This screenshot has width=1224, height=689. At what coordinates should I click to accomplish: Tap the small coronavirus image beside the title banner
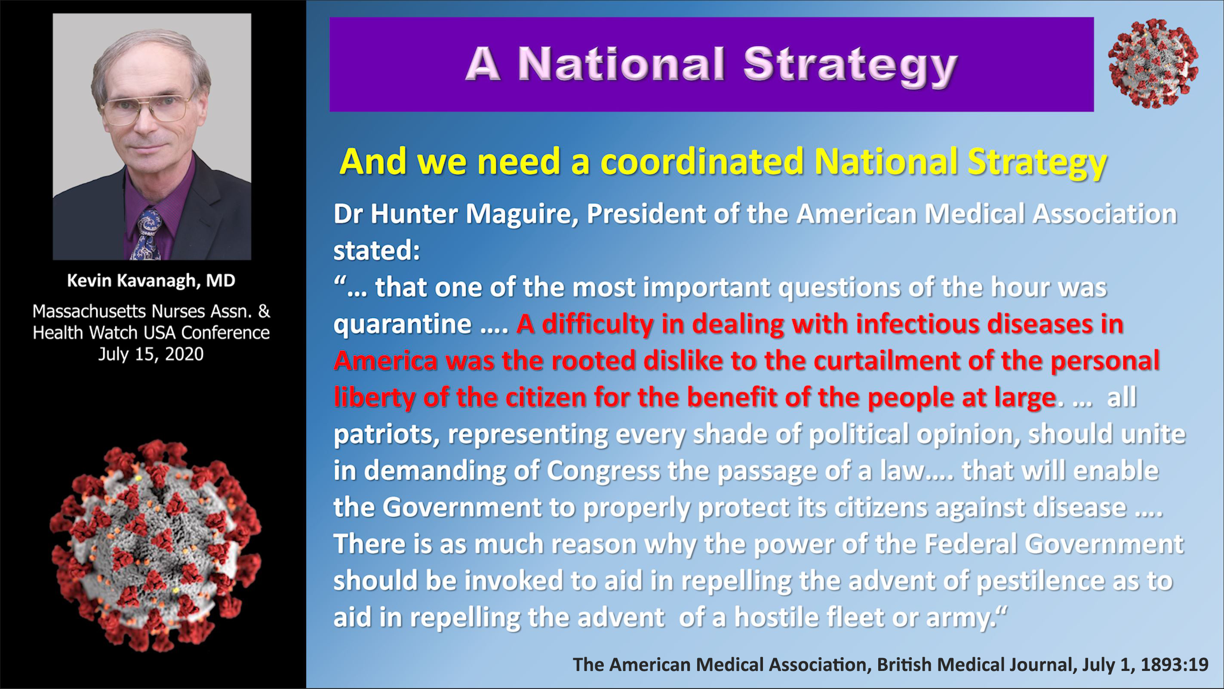click(x=1153, y=64)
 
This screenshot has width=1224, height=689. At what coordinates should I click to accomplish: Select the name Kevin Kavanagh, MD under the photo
click(x=151, y=281)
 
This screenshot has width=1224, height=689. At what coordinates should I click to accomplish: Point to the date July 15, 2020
click(x=151, y=354)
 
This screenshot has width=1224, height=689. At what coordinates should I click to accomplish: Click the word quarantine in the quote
click(x=403, y=325)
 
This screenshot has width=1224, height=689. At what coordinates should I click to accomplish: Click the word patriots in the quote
click(x=386, y=435)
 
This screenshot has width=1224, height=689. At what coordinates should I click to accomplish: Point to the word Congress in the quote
click(x=603, y=472)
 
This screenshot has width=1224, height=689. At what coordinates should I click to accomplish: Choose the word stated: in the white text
click(x=377, y=251)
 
